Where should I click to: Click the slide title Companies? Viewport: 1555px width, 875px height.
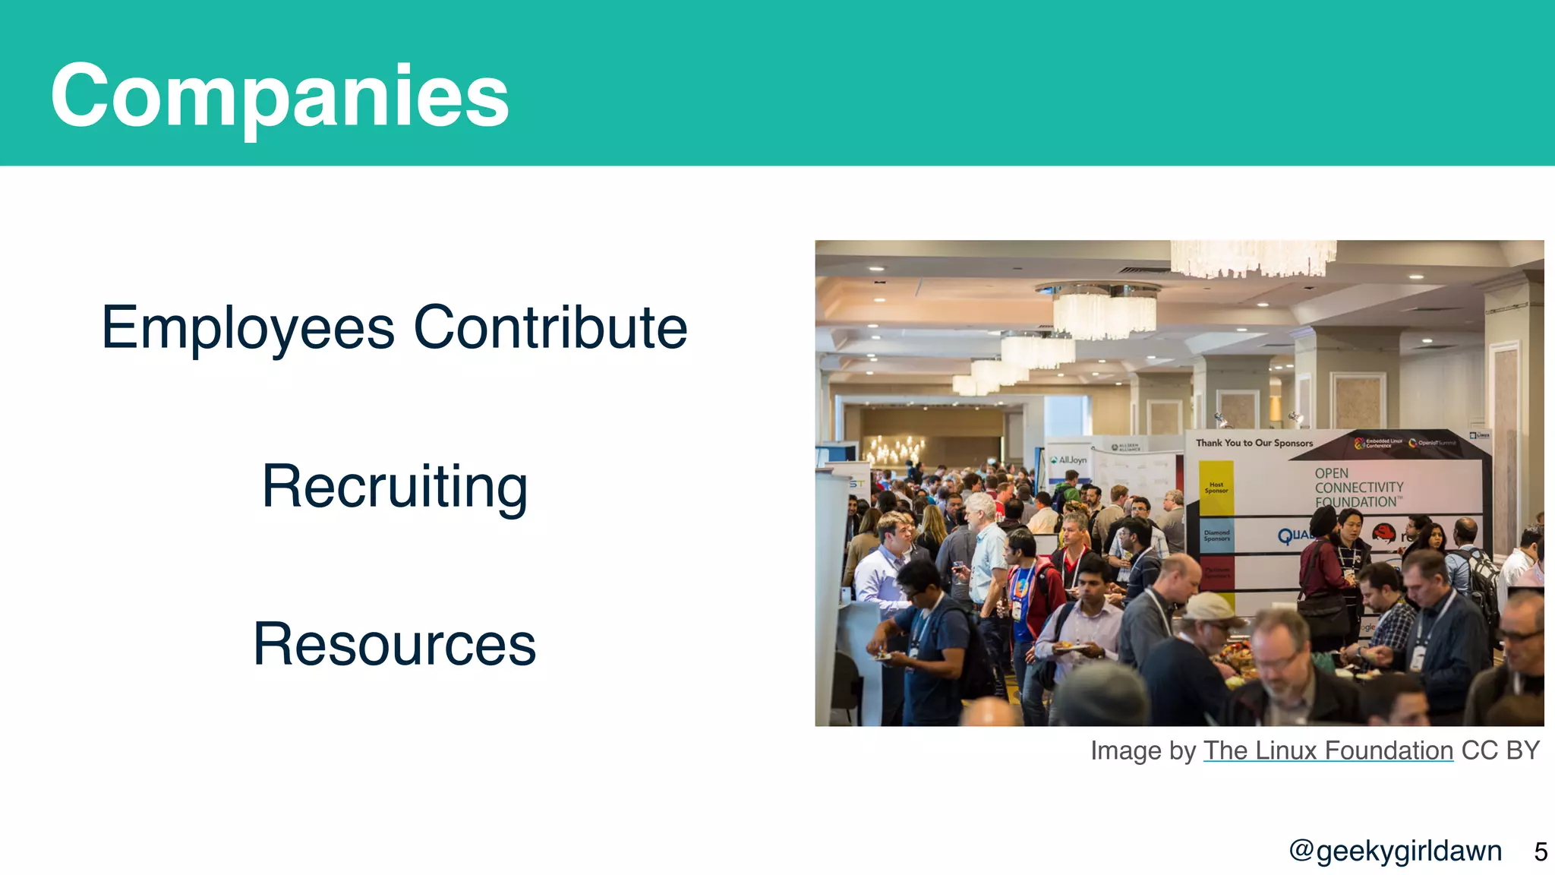click(279, 96)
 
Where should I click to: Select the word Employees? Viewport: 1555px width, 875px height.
click(248, 328)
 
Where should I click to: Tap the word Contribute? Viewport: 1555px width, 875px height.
click(550, 328)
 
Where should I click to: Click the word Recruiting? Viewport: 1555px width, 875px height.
click(394, 487)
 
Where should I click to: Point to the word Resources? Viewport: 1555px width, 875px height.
click(394, 645)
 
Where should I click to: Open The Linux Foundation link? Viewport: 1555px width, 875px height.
click(1328, 750)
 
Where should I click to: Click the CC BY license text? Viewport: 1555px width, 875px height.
click(1500, 750)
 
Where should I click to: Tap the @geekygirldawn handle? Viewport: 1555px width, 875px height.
click(1396, 851)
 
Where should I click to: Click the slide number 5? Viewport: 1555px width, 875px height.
click(1540, 851)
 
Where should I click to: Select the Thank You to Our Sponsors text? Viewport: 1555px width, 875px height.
click(1254, 443)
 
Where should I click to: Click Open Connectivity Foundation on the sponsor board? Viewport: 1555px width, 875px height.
click(1358, 488)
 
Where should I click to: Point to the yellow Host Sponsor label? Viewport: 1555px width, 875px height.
click(1216, 488)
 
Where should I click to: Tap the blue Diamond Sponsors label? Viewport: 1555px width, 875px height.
click(1216, 535)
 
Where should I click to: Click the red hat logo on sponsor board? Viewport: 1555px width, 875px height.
click(1383, 534)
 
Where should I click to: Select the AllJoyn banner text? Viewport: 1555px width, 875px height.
click(1071, 460)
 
